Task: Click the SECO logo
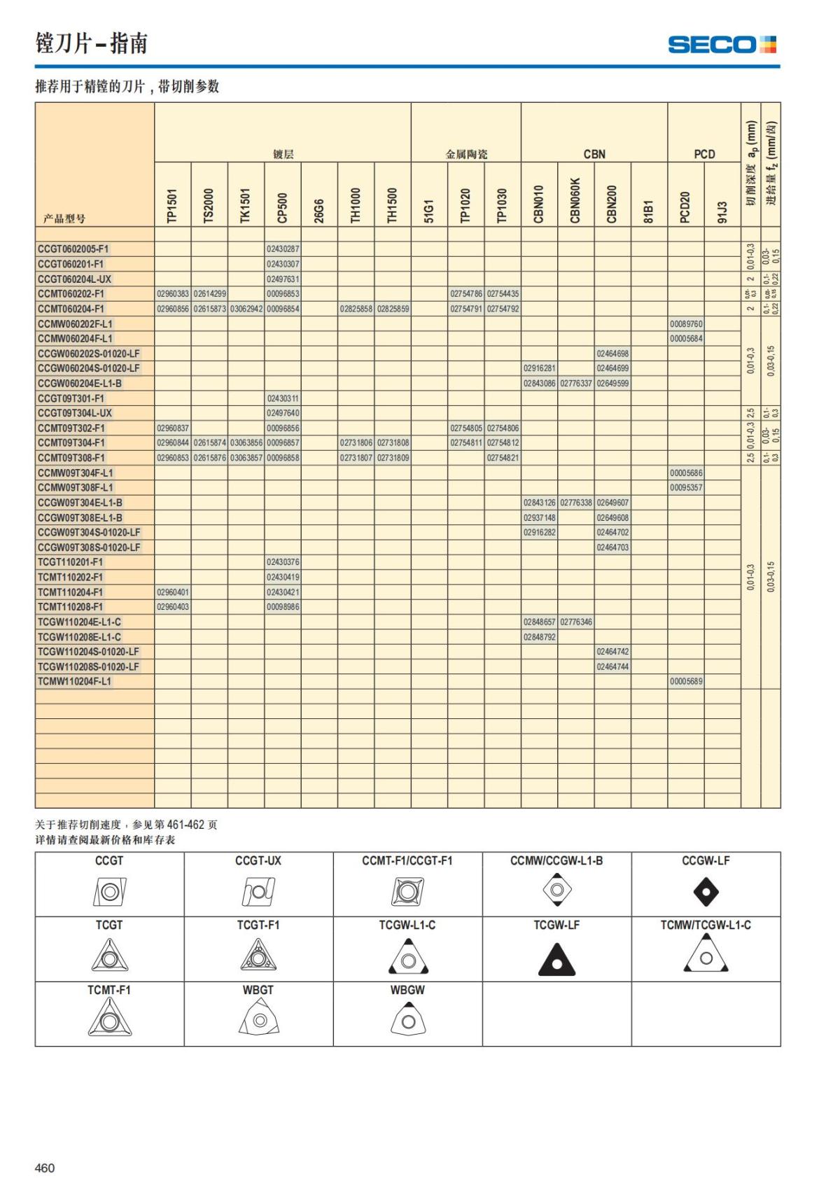click(x=722, y=45)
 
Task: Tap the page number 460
click(x=45, y=1168)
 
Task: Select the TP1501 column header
click(x=172, y=206)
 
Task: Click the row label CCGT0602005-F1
click(x=73, y=249)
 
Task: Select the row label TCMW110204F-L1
click(x=74, y=682)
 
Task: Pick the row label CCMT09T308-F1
click(x=71, y=458)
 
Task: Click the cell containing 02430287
click(x=283, y=249)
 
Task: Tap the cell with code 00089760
click(x=686, y=324)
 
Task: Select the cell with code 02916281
click(x=539, y=368)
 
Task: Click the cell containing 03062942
click(x=246, y=309)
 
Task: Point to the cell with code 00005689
click(x=686, y=682)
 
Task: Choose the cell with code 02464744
click(x=612, y=667)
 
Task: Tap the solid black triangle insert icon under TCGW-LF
click(x=556, y=959)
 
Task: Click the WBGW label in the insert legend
click(x=407, y=990)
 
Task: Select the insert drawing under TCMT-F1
click(x=109, y=1018)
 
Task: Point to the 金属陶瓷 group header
click(x=466, y=154)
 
